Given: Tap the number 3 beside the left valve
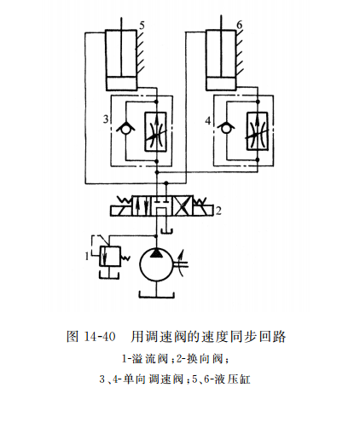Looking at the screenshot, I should [x=106, y=119].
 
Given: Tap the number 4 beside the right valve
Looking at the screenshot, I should [x=208, y=120].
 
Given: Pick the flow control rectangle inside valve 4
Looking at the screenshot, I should [x=258, y=132].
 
